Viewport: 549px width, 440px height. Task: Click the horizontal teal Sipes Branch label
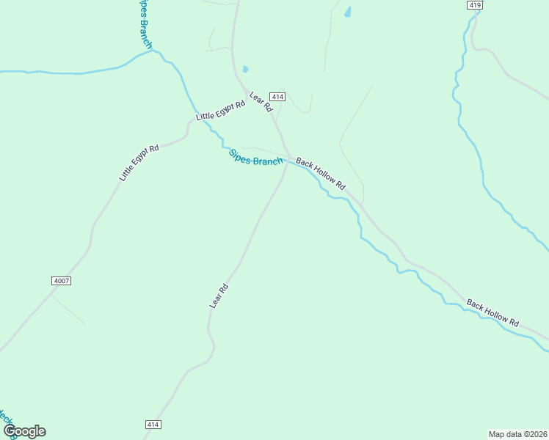[255, 158]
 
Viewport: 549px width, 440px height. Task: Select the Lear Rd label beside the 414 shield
[261, 102]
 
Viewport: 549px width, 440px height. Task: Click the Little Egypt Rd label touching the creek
[220, 111]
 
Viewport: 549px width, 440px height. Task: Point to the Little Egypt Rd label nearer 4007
[139, 163]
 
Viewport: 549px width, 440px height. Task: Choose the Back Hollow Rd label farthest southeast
[492, 313]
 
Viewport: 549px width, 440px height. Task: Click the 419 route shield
[474, 5]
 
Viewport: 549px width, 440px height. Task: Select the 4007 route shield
[62, 281]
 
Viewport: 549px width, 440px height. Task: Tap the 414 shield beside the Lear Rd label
[277, 97]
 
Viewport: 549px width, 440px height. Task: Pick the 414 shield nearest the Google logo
[153, 425]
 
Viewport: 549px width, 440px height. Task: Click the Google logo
[24, 431]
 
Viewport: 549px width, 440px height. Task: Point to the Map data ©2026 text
[517, 434]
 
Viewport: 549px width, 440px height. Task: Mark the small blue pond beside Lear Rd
[245, 70]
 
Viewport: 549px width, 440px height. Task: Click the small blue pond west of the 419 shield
[347, 12]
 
